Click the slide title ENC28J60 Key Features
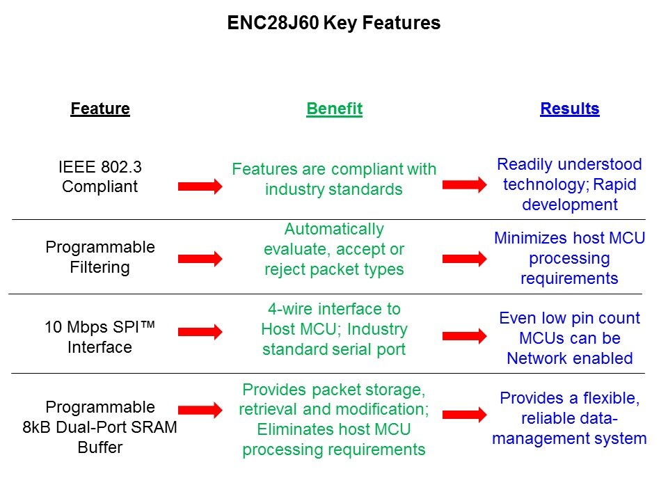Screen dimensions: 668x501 pos(333,23)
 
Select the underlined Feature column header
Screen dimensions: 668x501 pos(100,109)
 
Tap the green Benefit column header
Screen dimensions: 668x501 pos(335,109)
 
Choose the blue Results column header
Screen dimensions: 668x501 pos(570,109)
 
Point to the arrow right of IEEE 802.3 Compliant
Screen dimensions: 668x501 pos(200,186)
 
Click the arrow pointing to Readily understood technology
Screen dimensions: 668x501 pos(464,184)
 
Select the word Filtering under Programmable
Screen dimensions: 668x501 pos(100,267)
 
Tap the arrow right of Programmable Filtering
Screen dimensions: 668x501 pos(200,259)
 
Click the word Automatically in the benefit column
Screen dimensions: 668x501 pos(334,229)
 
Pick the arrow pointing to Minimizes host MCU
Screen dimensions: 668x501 pos(464,259)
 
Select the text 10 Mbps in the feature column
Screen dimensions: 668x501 pos(76,327)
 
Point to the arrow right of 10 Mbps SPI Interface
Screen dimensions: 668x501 pos(200,331)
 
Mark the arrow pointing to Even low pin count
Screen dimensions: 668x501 pos(464,335)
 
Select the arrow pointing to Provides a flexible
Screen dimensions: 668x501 pos(464,415)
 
